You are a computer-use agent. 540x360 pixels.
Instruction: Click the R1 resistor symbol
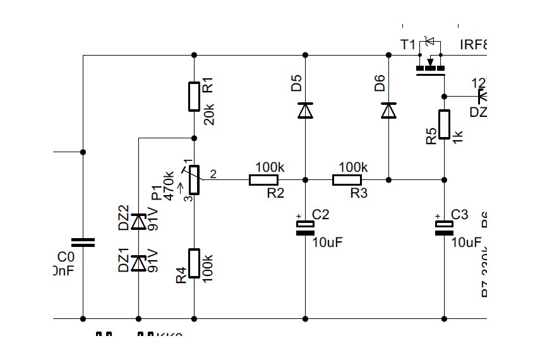[194, 96]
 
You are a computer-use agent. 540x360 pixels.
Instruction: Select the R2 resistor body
[263, 180]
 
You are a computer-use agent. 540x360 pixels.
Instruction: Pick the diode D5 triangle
[305, 111]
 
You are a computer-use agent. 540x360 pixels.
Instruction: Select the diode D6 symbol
[388, 111]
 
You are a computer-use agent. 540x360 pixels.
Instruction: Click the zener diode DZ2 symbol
[138, 222]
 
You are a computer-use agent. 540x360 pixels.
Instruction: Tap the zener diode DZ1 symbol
[138, 262]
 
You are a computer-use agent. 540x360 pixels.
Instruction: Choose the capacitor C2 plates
[305, 228]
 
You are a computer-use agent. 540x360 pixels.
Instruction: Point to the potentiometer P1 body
[194, 180]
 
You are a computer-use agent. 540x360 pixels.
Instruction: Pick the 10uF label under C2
[329, 242]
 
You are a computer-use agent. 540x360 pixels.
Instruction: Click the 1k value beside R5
[459, 135]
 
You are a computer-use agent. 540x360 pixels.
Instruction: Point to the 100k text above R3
[353, 167]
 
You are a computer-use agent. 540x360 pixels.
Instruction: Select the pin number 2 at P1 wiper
[213, 175]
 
